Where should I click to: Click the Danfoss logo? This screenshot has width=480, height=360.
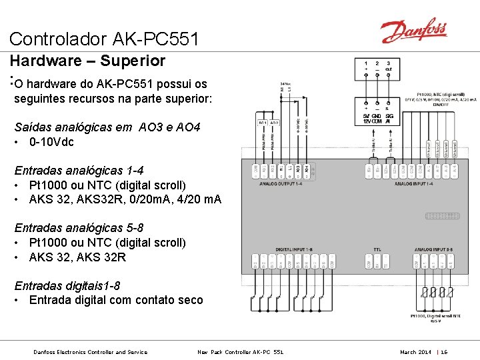click(413, 31)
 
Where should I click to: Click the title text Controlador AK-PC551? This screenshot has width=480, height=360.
click(104, 39)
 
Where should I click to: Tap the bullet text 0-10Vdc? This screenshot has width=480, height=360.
click(51, 142)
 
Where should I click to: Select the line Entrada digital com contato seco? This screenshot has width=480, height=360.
click(115, 300)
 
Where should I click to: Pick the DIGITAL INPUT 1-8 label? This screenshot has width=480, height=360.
click(293, 249)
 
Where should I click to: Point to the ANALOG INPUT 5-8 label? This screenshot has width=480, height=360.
click(433, 249)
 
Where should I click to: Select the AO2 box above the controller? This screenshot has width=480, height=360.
click(274, 123)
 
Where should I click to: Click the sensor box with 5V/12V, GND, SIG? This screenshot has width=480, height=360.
click(377, 113)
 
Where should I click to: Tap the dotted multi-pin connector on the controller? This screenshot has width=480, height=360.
click(442, 216)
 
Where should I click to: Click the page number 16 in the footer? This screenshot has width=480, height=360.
click(444, 351)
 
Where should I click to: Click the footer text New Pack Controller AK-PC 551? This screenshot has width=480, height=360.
click(241, 351)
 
